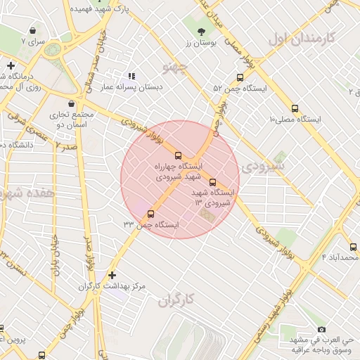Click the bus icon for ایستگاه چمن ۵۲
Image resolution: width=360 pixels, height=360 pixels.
pos(240,78)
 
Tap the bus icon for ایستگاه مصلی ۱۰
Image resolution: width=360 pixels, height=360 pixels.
pos(294,108)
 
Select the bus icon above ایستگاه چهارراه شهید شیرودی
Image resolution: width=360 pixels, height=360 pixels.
pos(176,155)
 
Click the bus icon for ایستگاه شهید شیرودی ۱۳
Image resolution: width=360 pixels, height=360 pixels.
pos(213,181)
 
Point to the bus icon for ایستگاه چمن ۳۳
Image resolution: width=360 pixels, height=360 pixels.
pos(150,214)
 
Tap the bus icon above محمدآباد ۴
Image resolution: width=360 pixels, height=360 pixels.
pos(353,247)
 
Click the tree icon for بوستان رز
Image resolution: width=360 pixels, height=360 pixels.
pos(202,32)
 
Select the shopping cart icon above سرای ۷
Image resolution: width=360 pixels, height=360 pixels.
pos(33,31)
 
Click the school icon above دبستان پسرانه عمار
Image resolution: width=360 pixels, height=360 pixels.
pos(131,75)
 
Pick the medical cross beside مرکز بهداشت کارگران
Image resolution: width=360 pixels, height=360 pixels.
pos(112,275)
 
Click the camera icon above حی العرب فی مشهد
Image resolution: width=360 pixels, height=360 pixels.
pos(321,329)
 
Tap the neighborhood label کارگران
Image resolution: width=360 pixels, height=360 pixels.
pos(175,302)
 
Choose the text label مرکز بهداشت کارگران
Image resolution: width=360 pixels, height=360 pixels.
pos(112,287)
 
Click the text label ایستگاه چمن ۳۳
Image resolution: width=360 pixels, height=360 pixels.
pos(150,224)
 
